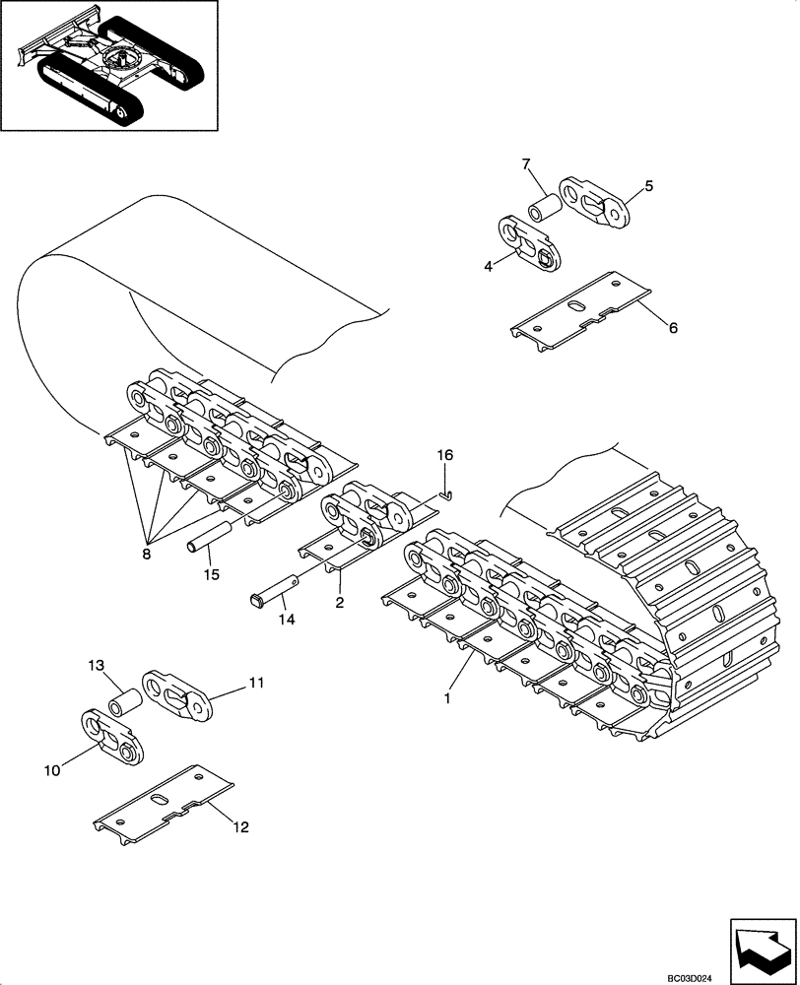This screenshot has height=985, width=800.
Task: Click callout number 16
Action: [445, 454]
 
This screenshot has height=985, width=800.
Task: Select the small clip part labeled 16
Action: [446, 494]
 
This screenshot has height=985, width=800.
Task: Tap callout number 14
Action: [287, 621]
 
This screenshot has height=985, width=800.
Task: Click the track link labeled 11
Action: [178, 697]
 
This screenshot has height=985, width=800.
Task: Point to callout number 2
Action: [339, 602]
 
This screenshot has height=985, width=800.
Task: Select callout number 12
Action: [240, 827]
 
